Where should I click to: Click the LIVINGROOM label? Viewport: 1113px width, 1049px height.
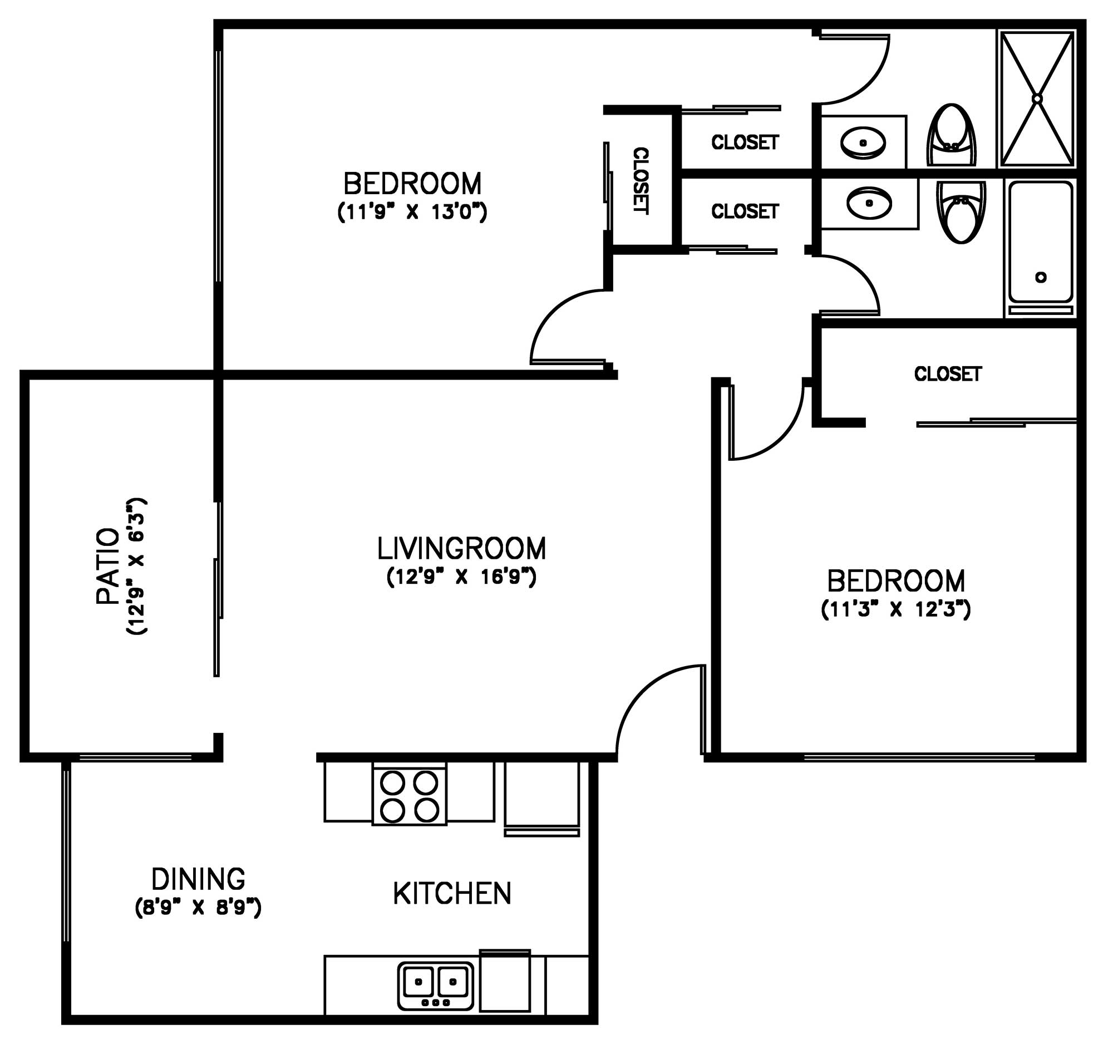click(x=461, y=549)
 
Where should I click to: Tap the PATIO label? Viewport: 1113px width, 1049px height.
click(x=107, y=566)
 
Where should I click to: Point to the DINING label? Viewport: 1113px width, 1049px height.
click(x=198, y=879)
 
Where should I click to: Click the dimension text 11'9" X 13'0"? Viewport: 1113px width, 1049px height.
click(x=412, y=213)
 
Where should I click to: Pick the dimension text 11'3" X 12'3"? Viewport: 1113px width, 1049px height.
click(x=896, y=609)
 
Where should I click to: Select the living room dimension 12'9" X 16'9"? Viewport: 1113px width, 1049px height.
click(x=462, y=577)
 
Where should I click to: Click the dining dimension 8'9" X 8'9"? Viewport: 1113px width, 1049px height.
click(x=198, y=908)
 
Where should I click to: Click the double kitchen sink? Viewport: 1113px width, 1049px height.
click(x=436, y=986)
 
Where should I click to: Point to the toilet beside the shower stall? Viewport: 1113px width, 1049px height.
click(x=951, y=135)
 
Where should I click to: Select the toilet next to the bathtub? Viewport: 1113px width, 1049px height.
click(x=961, y=211)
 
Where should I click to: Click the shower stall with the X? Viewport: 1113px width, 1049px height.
click(x=1037, y=99)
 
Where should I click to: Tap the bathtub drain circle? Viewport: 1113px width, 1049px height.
click(x=1041, y=277)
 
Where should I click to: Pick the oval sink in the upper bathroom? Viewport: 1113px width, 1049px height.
click(x=863, y=142)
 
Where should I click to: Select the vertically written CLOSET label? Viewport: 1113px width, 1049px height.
click(x=641, y=181)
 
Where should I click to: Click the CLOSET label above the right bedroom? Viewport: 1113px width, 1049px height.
click(x=948, y=374)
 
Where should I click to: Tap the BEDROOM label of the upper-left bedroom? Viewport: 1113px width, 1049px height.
click(x=412, y=184)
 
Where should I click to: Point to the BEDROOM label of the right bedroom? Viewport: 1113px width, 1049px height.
click(x=896, y=581)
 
